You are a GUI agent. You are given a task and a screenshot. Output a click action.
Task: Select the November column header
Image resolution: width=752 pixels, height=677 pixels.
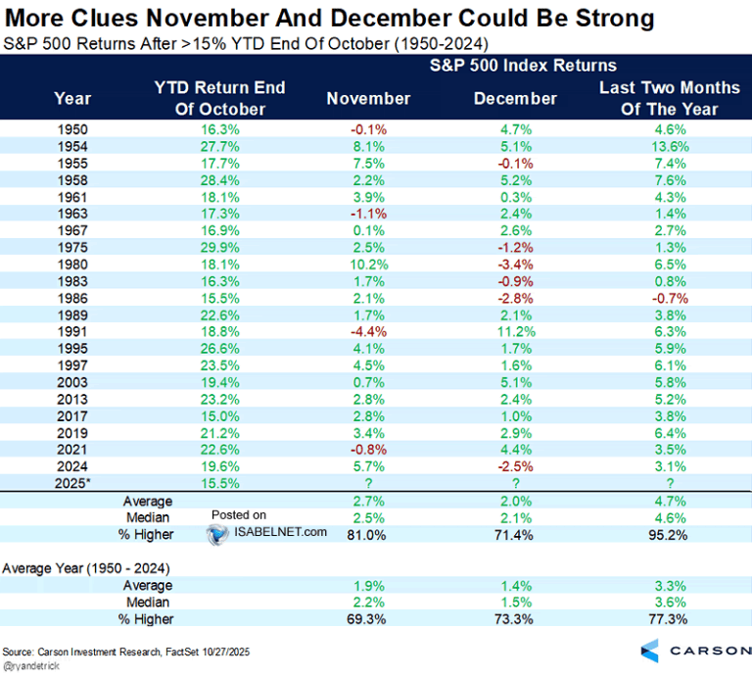point(368,98)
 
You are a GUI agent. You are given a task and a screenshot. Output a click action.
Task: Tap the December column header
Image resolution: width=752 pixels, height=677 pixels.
point(515,98)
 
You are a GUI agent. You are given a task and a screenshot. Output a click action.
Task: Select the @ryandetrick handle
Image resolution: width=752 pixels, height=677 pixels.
point(32,664)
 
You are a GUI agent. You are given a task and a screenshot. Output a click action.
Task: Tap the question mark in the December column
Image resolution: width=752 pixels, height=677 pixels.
point(515,482)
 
